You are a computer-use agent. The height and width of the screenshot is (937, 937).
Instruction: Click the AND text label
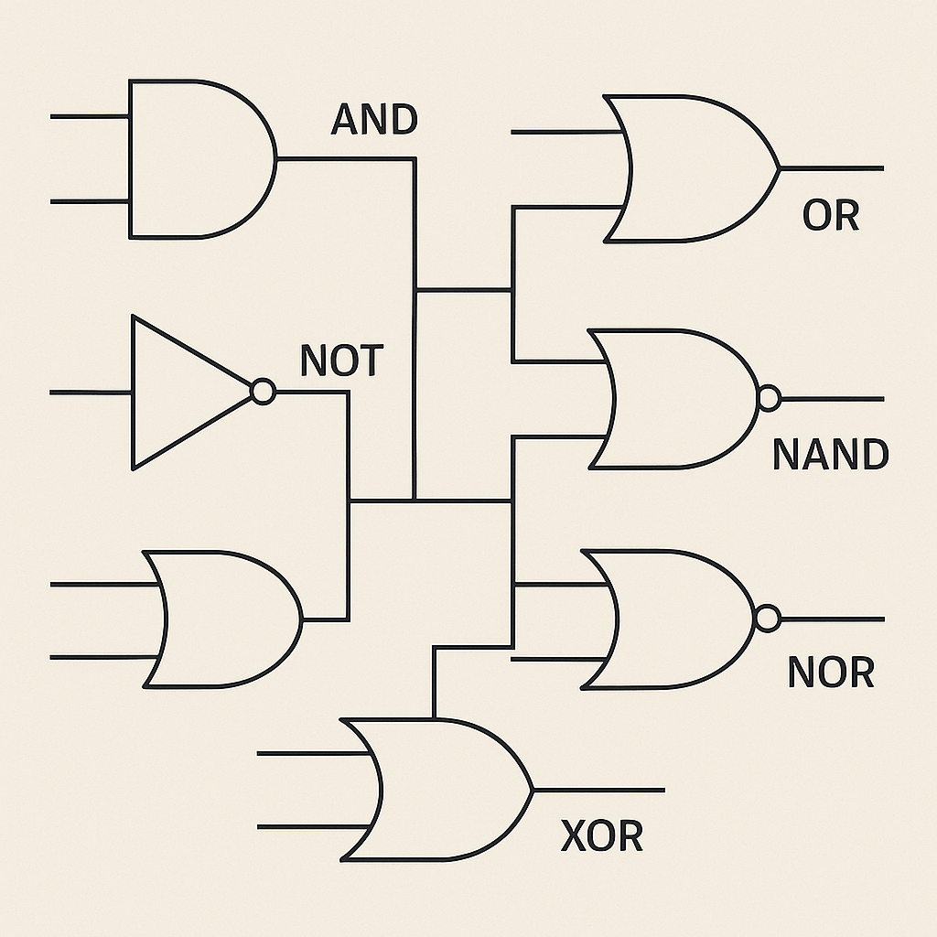[x=373, y=120]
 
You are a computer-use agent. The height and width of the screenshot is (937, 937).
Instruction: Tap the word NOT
[x=340, y=362]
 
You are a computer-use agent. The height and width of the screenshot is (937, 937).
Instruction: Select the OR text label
[x=831, y=216]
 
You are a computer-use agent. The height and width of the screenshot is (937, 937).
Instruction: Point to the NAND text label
[x=830, y=455]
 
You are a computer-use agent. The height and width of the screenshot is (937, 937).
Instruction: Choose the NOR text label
[x=831, y=673]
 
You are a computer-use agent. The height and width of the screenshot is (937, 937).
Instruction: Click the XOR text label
[x=601, y=836]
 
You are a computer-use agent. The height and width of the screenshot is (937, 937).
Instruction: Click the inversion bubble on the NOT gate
[x=263, y=393]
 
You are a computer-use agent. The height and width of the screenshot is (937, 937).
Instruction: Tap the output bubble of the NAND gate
[x=769, y=399]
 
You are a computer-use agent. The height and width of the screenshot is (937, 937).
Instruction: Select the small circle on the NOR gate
[x=767, y=619]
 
